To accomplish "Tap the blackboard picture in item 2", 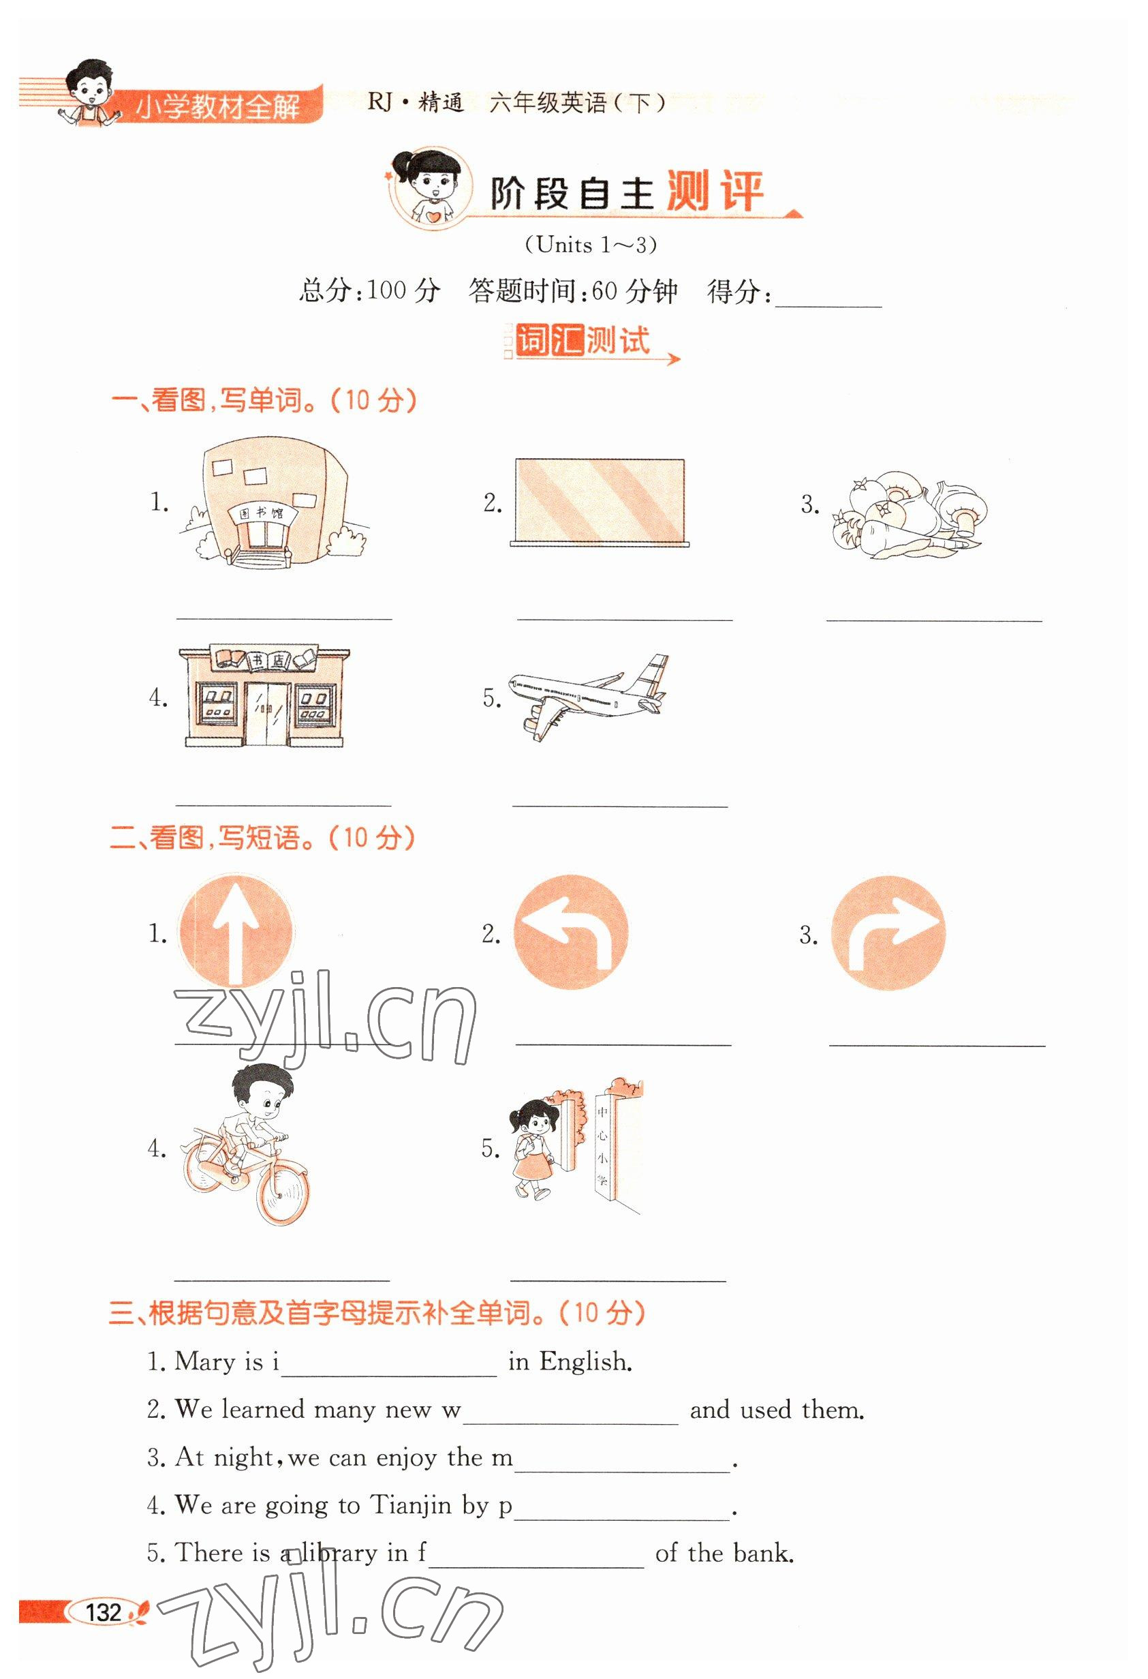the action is tap(600, 502).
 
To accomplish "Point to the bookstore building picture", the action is tap(264, 696).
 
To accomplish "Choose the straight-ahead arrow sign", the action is tap(235, 931).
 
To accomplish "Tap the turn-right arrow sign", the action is tap(888, 933).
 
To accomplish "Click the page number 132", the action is tap(104, 1612).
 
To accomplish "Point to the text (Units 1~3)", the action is tap(591, 245).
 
